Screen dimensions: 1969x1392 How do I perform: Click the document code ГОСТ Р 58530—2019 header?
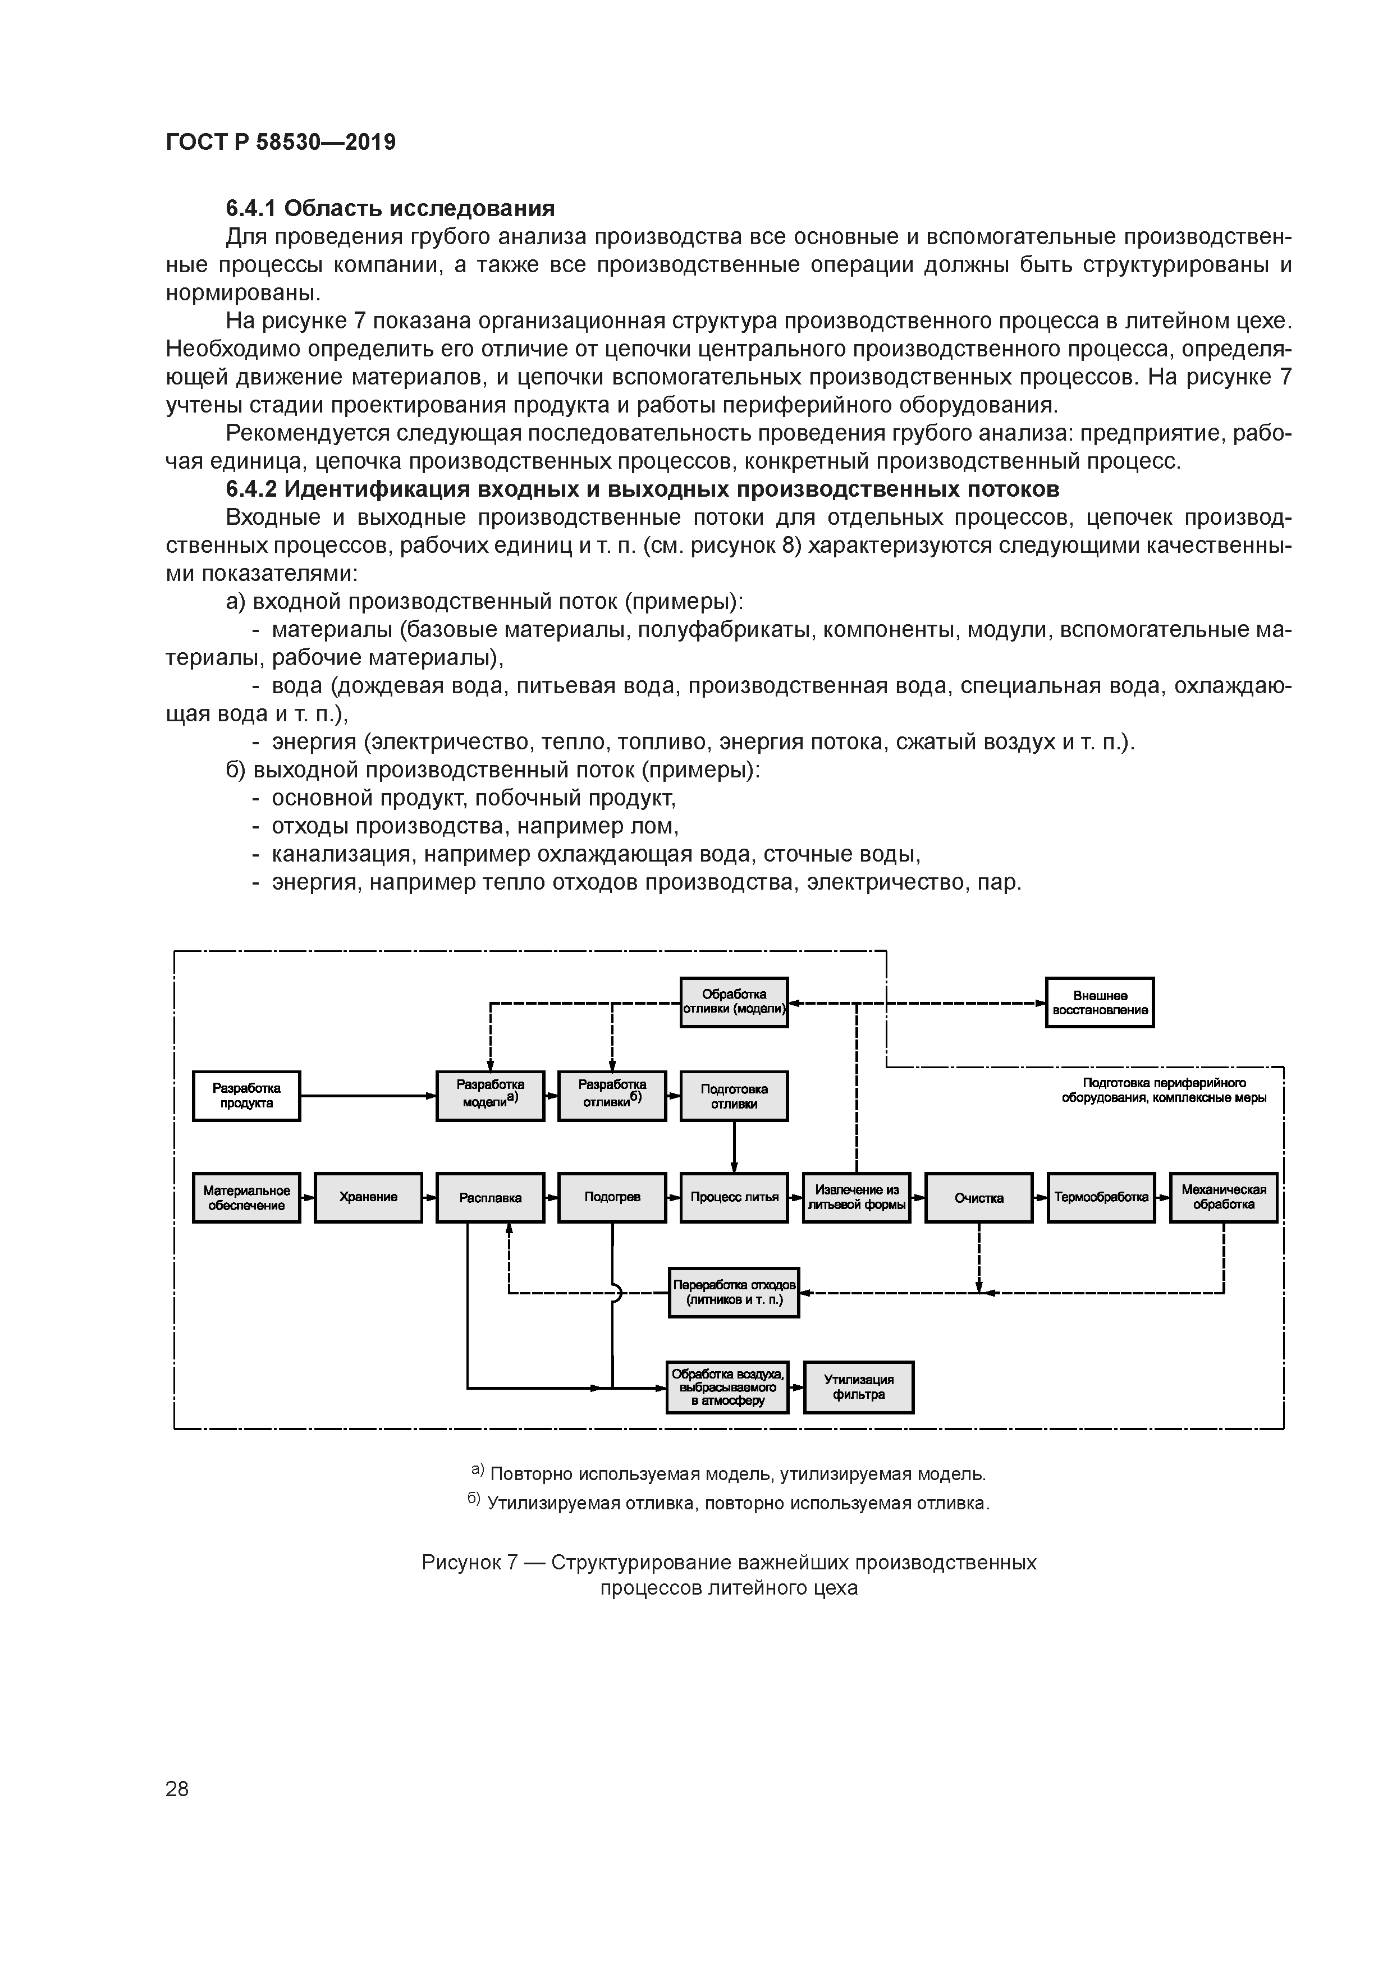(281, 143)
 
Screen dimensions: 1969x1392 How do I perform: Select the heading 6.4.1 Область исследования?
(390, 208)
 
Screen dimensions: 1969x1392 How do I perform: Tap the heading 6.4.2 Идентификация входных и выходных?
(642, 489)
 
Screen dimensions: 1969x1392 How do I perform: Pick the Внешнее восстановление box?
(1100, 1002)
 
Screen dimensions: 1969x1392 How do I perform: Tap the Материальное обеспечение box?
(246, 1197)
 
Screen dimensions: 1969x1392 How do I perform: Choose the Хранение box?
(368, 1197)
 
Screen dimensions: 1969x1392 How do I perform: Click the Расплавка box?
(490, 1197)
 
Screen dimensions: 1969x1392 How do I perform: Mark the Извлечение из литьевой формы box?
(856, 1197)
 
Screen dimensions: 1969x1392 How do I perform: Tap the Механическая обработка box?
(1223, 1197)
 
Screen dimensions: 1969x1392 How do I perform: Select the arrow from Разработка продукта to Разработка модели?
(369, 1095)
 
